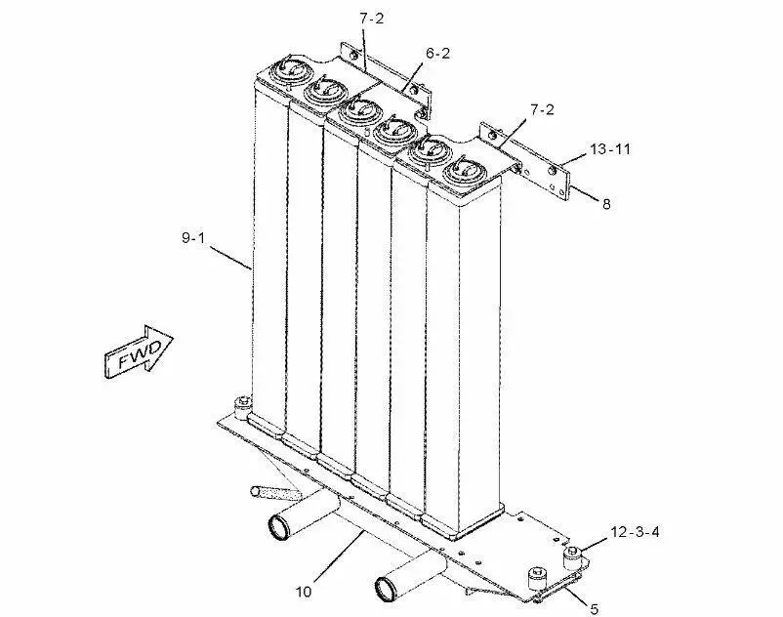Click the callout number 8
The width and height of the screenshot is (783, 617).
click(606, 204)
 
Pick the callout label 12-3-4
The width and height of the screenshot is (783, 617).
click(636, 532)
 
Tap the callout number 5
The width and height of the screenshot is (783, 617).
click(594, 609)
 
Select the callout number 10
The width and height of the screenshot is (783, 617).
click(306, 591)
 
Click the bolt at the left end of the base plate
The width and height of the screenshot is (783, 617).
click(241, 405)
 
